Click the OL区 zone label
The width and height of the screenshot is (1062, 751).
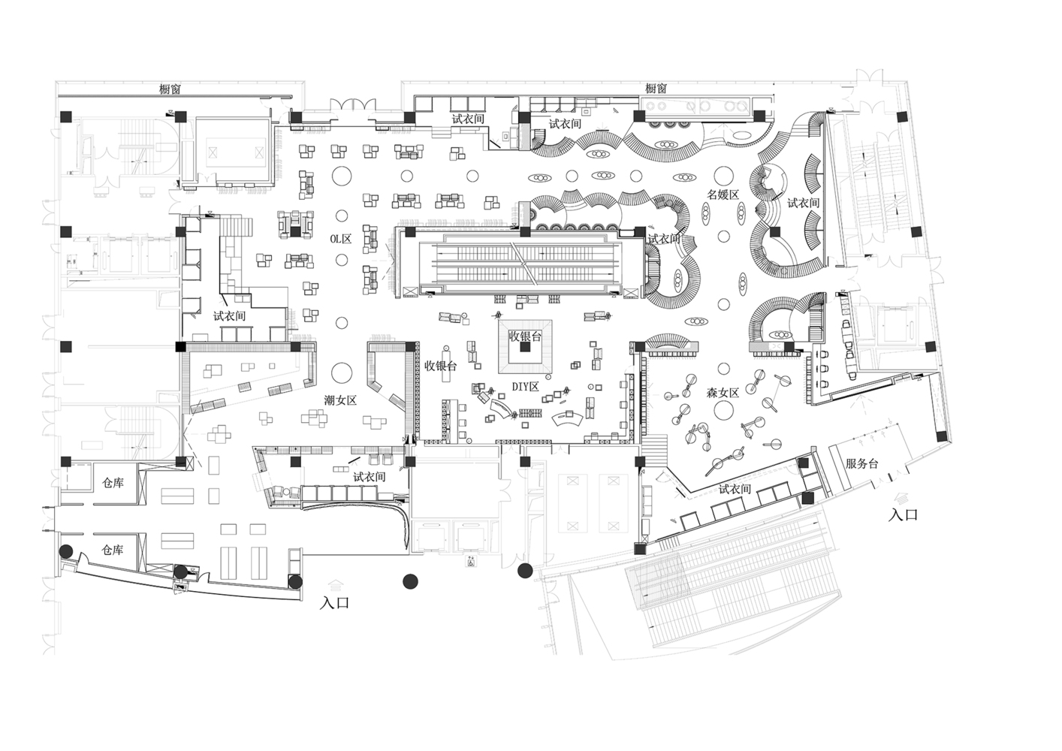[x=341, y=239]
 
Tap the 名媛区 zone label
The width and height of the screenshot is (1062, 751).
[x=723, y=195]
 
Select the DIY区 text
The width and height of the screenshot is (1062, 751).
[x=525, y=387]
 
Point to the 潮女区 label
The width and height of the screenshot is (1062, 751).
[x=340, y=400]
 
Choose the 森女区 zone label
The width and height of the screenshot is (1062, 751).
[x=723, y=393]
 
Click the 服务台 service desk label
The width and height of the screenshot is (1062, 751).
[x=862, y=463]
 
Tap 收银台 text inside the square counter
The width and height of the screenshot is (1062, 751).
[x=525, y=336]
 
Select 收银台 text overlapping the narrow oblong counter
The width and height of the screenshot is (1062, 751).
[x=441, y=366]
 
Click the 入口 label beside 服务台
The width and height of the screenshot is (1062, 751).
[x=904, y=515]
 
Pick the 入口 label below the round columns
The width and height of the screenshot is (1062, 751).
[x=335, y=603]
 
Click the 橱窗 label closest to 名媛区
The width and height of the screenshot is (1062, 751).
[x=656, y=89]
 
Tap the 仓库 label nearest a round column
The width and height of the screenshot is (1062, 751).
[x=113, y=550]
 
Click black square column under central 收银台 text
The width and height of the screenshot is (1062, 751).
[x=524, y=347]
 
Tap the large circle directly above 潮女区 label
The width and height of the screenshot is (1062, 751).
[x=341, y=372]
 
